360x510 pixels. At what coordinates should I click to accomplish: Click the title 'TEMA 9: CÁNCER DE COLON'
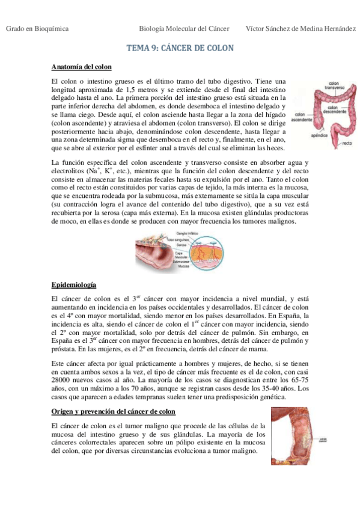pyautogui.click(x=180, y=48)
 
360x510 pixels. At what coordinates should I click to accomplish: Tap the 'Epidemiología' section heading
pyautogui.click(x=74, y=284)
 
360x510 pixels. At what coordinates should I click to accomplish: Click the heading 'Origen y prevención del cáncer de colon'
pyautogui.click(x=114, y=411)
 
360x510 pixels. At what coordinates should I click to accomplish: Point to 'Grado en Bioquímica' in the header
pyautogui.click(x=37, y=29)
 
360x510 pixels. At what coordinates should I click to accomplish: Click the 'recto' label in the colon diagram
pyautogui.click(x=347, y=144)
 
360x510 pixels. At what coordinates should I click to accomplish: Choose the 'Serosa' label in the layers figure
pyautogui.click(x=181, y=245)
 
